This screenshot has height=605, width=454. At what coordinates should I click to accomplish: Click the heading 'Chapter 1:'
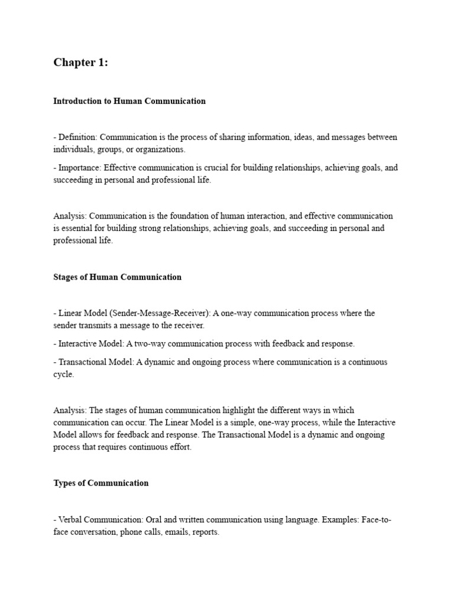point(80,63)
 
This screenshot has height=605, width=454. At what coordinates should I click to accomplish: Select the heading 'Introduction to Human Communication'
point(129,101)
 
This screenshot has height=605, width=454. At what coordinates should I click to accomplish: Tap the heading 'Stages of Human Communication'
point(117,277)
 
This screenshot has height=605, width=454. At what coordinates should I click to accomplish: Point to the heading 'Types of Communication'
point(100,483)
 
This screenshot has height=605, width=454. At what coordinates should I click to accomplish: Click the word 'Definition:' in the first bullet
point(79,137)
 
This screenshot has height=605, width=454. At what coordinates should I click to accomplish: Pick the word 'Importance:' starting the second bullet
point(80,168)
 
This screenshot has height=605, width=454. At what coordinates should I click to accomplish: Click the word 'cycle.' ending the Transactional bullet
point(64,375)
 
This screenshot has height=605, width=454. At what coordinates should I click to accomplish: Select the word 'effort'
point(178,447)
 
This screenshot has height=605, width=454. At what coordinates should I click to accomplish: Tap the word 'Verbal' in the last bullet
point(70,519)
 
